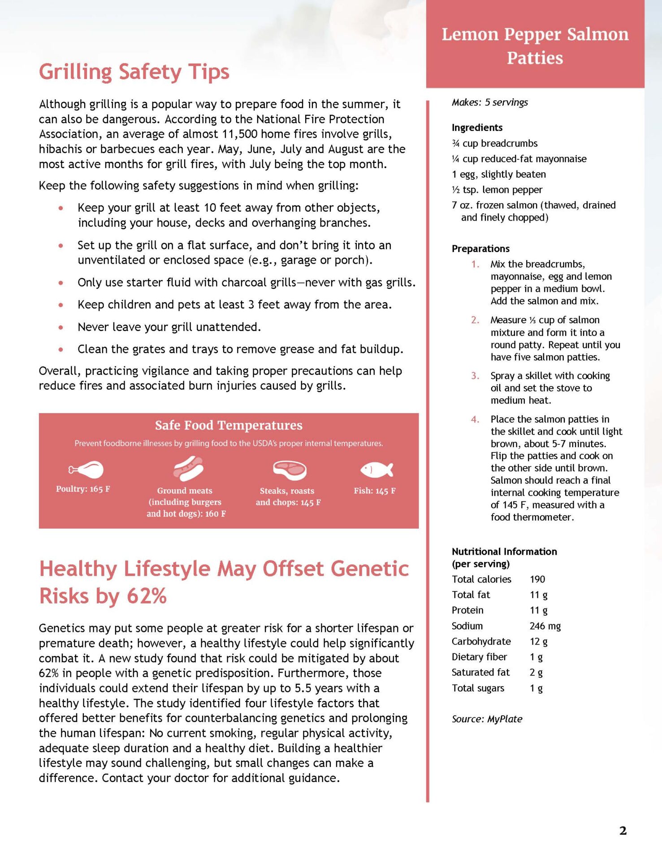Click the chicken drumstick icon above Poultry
[86, 470]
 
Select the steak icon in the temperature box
[290, 470]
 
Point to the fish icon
[376, 470]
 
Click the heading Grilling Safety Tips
[134, 72]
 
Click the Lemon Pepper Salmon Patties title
[535, 46]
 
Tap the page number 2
[623, 831]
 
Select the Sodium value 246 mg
[545, 626]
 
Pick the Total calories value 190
[537, 579]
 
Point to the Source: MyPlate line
[487, 718]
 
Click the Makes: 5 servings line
[489, 102]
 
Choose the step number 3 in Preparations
[475, 376]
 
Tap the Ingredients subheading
[477, 127]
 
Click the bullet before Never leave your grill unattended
[61, 327]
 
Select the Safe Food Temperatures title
[229, 425]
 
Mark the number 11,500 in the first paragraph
[240, 134]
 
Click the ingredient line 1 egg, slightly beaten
[498, 174]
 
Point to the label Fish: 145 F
[374, 491]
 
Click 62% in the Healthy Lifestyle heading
[147, 596]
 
